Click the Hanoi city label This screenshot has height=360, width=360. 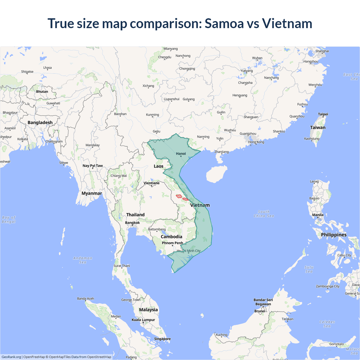pos(181,154)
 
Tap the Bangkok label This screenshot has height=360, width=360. pos(132,223)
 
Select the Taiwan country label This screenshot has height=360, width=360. pos(318,127)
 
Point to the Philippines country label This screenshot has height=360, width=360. pos(334,235)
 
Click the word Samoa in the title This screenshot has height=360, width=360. pos(224,23)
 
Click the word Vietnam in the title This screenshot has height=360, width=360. pos(287,23)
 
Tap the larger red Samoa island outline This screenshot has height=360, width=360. pos(179,196)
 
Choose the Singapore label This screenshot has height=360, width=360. pos(162,339)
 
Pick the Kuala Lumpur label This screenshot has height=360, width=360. pos(143,320)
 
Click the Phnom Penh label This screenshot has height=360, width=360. pos(172,243)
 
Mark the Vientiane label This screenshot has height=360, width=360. pos(152,183)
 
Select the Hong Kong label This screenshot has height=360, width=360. pos(256,142)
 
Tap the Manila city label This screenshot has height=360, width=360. pos(318,215)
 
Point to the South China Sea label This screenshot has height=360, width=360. pos(264,214)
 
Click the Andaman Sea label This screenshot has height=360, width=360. pos(82,260)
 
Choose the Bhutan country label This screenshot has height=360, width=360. pos(42,92)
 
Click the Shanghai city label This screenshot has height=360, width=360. pos(322,51)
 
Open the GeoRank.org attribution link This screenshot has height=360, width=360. pos(11,357)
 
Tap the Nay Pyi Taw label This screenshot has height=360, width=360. pos(93,166)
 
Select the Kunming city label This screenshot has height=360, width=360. pos(152,115)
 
